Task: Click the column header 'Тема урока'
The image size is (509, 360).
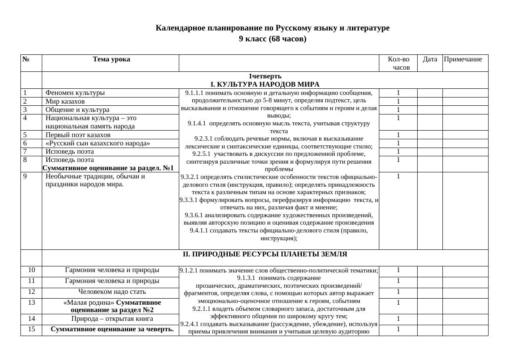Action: [111, 59]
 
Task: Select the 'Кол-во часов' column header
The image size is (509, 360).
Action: [398, 63]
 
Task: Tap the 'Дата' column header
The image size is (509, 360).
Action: [430, 59]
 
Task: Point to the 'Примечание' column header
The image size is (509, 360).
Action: [462, 59]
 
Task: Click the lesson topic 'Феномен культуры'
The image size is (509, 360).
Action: [75, 93]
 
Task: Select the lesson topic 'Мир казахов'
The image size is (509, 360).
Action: [65, 101]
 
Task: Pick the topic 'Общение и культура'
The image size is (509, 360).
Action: [77, 110]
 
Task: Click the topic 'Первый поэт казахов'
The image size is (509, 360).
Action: [78, 135]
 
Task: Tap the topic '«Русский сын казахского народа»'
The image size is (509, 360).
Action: [98, 143]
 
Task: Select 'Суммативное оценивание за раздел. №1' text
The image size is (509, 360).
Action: [108, 168]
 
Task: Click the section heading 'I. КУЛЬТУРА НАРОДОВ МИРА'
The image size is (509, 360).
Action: [265, 84]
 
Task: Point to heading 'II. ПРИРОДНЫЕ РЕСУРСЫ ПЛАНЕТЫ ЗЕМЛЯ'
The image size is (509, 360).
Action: [265, 254]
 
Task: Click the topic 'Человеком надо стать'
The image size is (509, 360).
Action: [112, 292]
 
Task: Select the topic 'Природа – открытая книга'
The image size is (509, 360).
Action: [112, 319]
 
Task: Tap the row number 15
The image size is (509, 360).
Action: [31, 329]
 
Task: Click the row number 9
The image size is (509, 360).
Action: [26, 177]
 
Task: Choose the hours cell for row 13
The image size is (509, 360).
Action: [398, 303]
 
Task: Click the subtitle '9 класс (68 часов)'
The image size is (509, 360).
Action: [272, 39]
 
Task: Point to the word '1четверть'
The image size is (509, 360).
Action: [265, 76]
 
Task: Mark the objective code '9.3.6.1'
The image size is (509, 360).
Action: [194, 215]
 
